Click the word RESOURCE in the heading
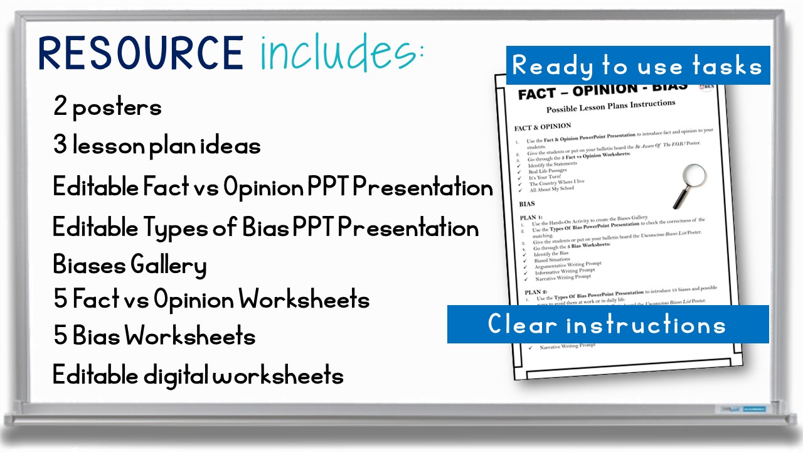coord(141,53)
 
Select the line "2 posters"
coord(107,107)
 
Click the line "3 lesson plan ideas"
coord(157,146)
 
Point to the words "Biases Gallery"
coord(129,265)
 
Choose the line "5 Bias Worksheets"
coord(154,336)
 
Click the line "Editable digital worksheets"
coord(198,375)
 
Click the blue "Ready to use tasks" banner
coord(637,65)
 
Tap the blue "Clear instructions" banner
coord(607,325)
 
